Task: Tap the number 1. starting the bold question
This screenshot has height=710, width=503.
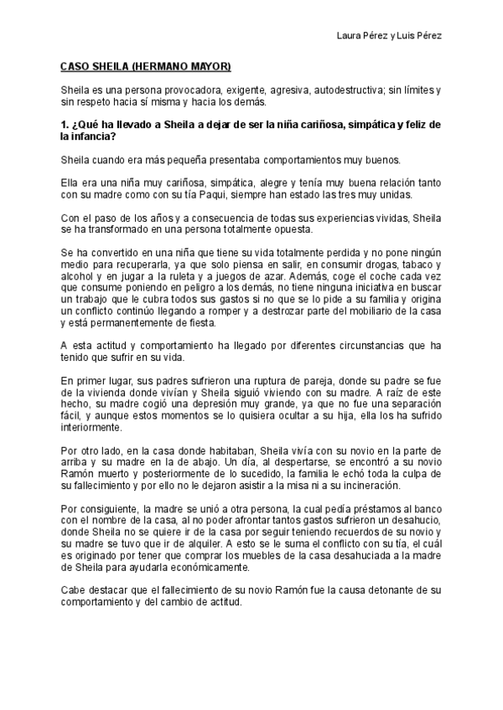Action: pos(65,125)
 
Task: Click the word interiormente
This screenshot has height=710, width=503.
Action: pos(92,440)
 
